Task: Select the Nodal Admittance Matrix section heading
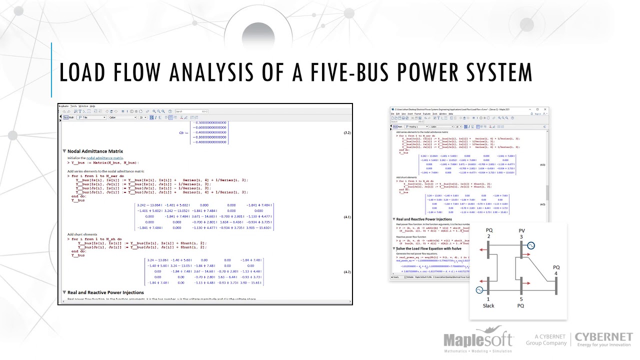[x=95, y=151]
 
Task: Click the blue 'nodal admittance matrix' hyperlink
[x=104, y=158]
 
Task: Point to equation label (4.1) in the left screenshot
[x=347, y=217]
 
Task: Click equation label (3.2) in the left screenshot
[x=347, y=132]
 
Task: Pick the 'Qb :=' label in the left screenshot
[x=183, y=132]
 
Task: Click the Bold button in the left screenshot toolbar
[x=152, y=117]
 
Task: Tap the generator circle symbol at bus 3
[x=531, y=245]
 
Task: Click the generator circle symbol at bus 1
[x=479, y=290]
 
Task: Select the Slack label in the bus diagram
[x=488, y=305]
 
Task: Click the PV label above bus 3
[x=521, y=230]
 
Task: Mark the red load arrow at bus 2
[x=483, y=251]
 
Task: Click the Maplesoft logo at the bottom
[x=478, y=340]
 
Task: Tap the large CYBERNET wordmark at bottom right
[x=603, y=336]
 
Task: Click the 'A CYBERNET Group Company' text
[x=546, y=340]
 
